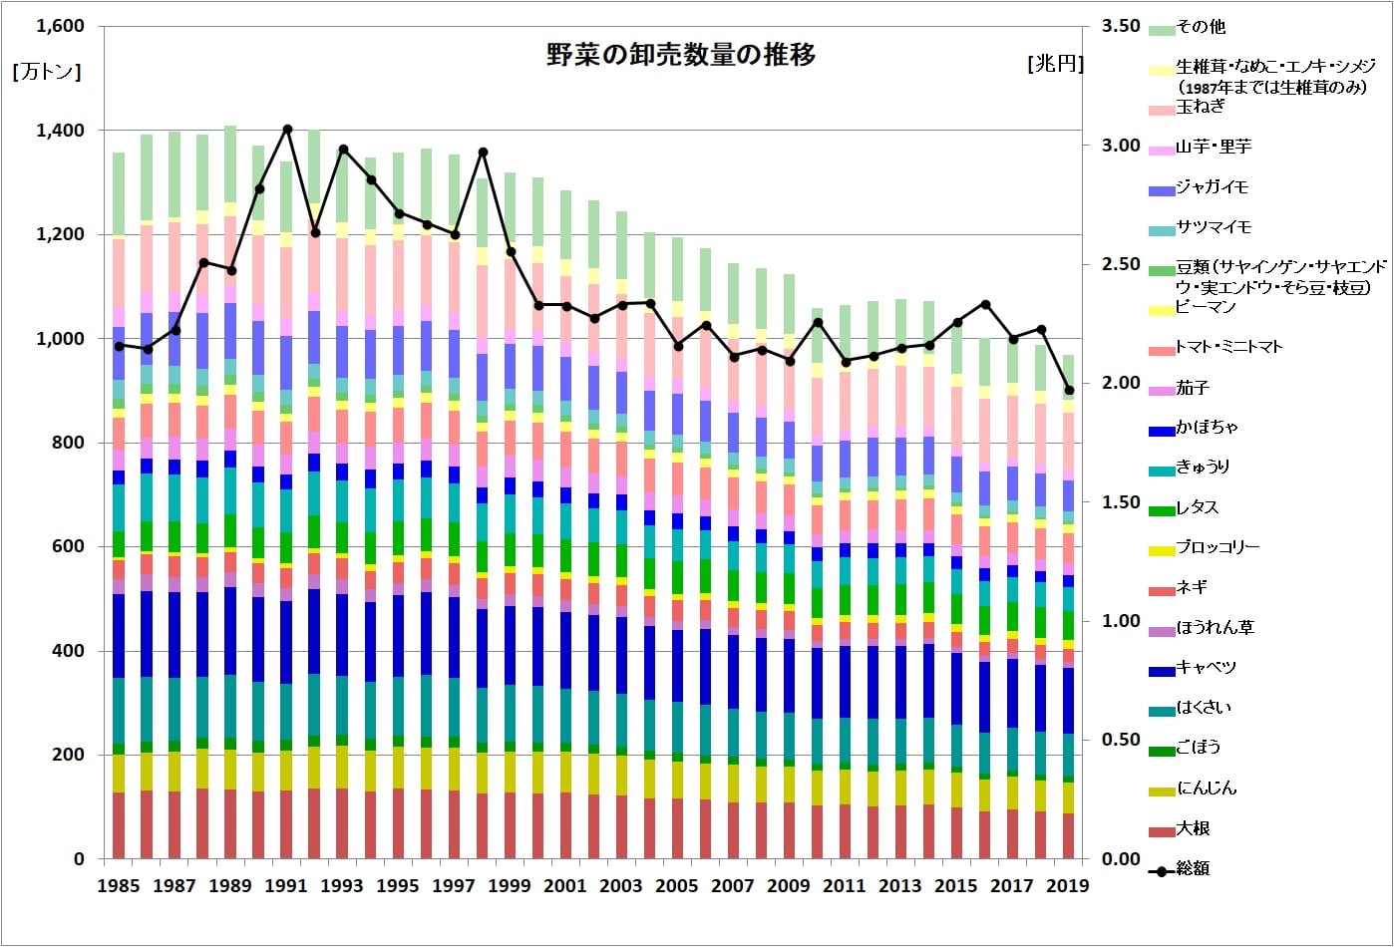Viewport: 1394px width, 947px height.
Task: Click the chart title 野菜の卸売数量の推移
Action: pyautogui.click(x=681, y=56)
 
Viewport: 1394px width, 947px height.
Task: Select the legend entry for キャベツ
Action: pyautogui.click(x=1206, y=667)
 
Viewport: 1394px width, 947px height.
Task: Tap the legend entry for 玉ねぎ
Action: pyautogui.click(x=1200, y=107)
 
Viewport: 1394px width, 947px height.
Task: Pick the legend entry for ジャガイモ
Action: pyautogui.click(x=1212, y=186)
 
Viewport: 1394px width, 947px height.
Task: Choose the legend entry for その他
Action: pyautogui.click(x=1201, y=27)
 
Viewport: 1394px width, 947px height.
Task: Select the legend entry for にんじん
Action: pyautogui.click(x=1207, y=788)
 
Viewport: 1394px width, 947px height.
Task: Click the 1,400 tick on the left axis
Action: pyautogui.click(x=60, y=131)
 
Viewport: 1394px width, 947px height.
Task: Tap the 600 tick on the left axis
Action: pyautogui.click(x=68, y=547)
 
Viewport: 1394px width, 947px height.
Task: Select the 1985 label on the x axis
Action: pyautogui.click(x=119, y=886)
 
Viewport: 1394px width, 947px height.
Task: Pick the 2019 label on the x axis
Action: pyautogui.click(x=1068, y=886)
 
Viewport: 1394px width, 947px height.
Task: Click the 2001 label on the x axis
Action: pyautogui.click(x=565, y=886)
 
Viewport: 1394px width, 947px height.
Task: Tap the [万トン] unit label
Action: pyautogui.click(x=46, y=72)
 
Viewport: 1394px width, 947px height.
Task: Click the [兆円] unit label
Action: pyautogui.click(x=1055, y=64)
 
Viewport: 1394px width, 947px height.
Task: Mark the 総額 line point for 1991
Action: pyautogui.click(x=287, y=129)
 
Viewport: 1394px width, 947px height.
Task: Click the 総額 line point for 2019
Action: pyautogui.click(x=1068, y=391)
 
